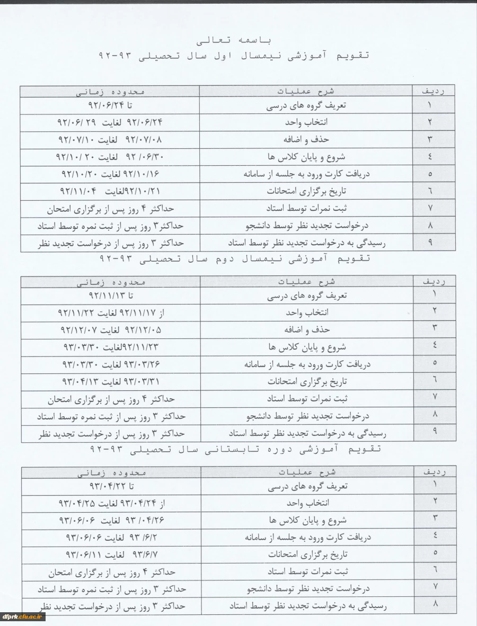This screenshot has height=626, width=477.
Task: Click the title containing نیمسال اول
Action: click(x=234, y=55)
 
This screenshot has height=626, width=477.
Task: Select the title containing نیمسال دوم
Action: click(x=234, y=258)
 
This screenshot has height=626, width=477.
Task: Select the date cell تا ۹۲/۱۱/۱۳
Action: click(x=110, y=296)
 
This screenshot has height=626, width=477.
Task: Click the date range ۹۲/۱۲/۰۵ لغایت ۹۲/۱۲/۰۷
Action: click(x=110, y=329)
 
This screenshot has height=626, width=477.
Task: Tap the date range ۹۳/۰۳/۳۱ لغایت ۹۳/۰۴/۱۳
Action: click(x=110, y=381)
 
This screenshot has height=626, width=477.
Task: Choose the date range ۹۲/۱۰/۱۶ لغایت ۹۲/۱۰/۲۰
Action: click(x=110, y=174)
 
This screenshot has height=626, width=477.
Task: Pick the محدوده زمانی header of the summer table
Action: click(x=110, y=471)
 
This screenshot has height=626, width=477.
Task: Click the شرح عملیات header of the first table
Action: click(x=307, y=91)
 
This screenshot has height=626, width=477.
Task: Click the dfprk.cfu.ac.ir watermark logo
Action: click(x=23, y=616)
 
